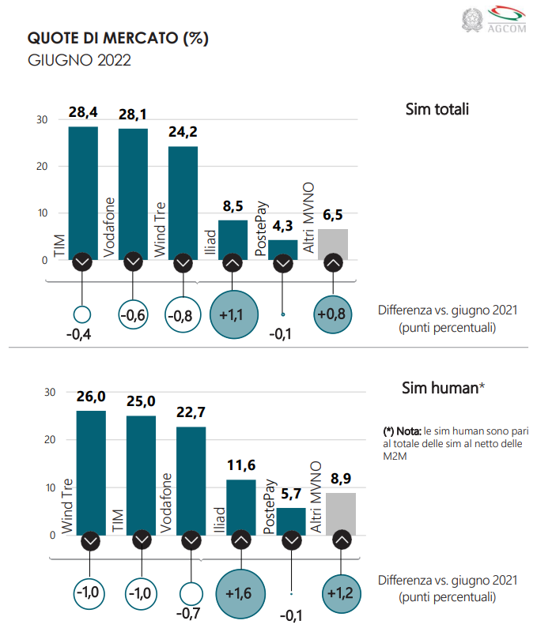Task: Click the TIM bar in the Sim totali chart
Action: pyautogui.click(x=83, y=190)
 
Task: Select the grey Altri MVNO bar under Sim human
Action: pyautogui.click(x=341, y=513)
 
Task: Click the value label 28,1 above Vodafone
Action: pyautogui.click(x=133, y=115)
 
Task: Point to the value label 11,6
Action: pyautogui.click(x=241, y=469)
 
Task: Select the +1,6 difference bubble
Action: pyautogui.click(x=240, y=592)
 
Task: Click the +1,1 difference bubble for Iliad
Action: pyautogui.click(x=232, y=316)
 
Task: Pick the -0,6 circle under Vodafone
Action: pyautogui.click(x=132, y=315)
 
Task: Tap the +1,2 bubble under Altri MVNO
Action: pyautogui.click(x=341, y=592)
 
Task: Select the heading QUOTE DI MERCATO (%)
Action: pyautogui.click(x=118, y=39)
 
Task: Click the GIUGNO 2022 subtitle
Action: pyautogui.click(x=79, y=60)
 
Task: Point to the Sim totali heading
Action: pyautogui.click(x=437, y=109)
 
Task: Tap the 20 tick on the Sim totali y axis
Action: pyautogui.click(x=41, y=167)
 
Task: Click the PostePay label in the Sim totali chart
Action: pyautogui.click(x=259, y=227)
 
